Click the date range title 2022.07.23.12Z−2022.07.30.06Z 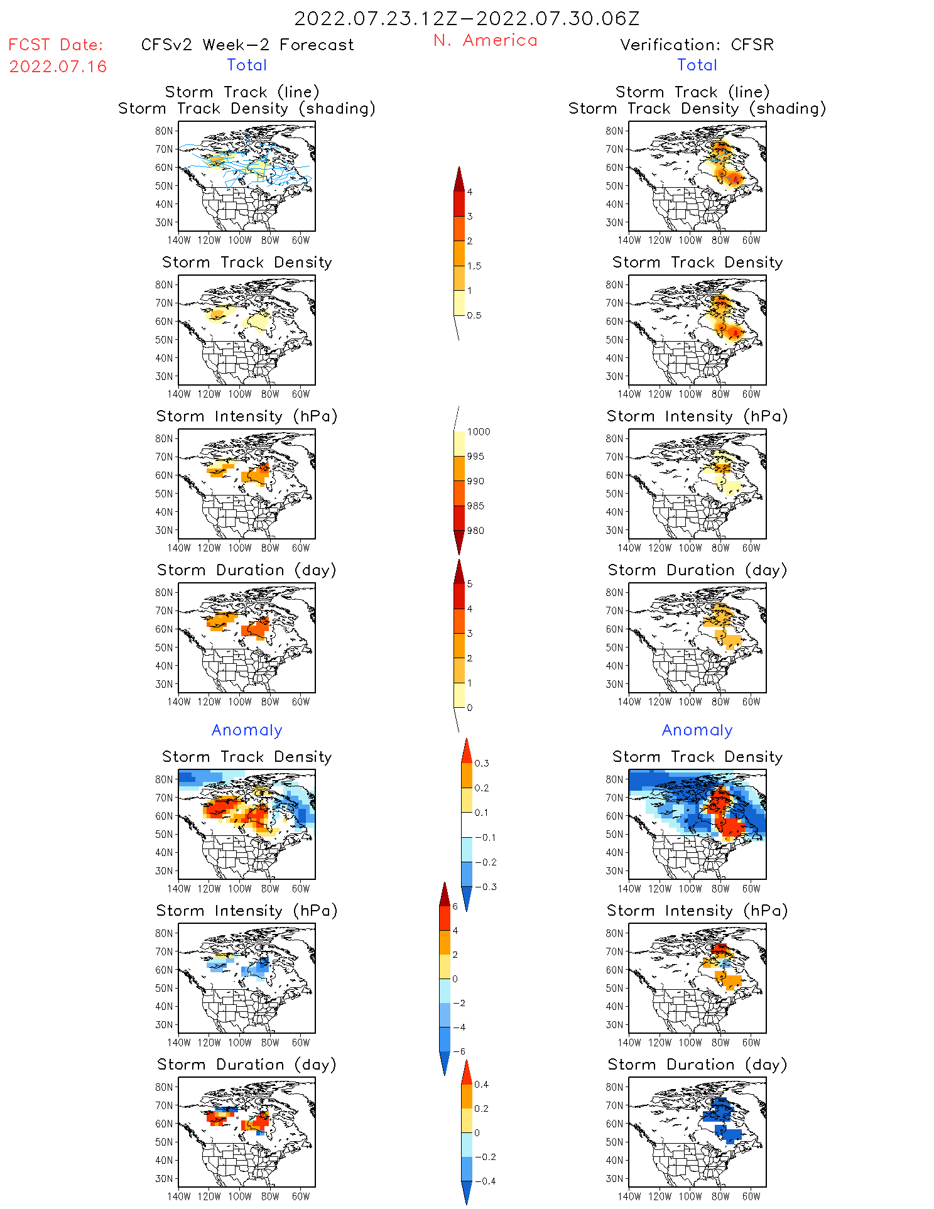[467, 19]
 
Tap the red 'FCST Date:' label [56, 45]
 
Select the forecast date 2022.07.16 [58, 67]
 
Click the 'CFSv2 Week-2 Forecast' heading [247, 45]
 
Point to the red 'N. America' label [486, 41]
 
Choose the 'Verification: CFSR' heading [697, 45]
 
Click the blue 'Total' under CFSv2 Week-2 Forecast [247, 65]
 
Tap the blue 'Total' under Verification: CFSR [697, 65]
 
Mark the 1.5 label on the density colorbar [474, 266]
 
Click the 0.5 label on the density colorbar [474, 315]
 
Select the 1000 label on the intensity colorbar [479, 432]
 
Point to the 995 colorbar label [475, 457]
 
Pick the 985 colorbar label [475, 506]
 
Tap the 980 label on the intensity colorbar [475, 531]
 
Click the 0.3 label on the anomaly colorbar [482, 764]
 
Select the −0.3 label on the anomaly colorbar [486, 887]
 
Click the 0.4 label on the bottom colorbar [482, 1085]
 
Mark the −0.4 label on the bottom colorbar [485, 1181]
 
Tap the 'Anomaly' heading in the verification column [697, 730]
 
